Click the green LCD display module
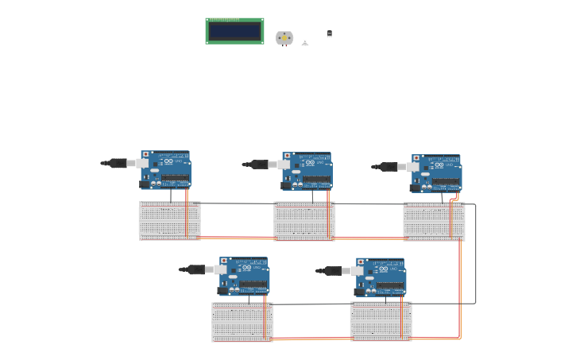234,31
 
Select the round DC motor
284,37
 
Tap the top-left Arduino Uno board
166,169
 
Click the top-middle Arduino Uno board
307,171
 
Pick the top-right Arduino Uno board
436,173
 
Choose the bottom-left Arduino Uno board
244,276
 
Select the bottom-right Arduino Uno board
381,277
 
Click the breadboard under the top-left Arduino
169,220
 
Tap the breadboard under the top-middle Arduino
304,221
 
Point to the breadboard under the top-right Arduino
434,222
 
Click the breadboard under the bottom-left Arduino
242,322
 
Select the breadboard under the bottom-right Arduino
381,321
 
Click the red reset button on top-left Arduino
145,154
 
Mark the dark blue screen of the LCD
234,31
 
